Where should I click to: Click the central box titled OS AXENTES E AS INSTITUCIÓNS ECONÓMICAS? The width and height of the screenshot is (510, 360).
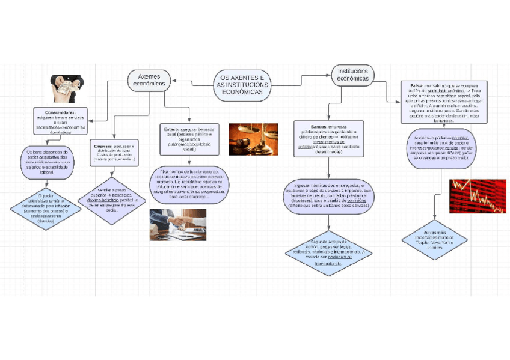pyautogui.click(x=242, y=85)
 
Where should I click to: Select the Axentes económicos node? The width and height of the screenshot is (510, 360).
pyautogui.click(x=148, y=80)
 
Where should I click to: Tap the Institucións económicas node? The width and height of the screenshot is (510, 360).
pyautogui.click(x=352, y=75)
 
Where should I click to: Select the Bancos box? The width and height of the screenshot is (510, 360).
pyautogui.click(x=328, y=139)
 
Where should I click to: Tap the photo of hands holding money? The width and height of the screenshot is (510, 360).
pyautogui.click(x=66, y=88)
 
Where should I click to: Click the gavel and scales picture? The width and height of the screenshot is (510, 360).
pyautogui.click(x=253, y=139)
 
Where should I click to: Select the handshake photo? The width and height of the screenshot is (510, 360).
pyautogui.click(x=177, y=224)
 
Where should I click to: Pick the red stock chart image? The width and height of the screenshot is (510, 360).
pyautogui.click(x=478, y=196)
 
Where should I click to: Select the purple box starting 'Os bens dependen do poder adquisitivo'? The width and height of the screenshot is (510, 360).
pyautogui.click(x=48, y=162)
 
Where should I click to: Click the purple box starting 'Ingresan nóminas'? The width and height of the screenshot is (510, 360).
pyautogui.click(x=329, y=195)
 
